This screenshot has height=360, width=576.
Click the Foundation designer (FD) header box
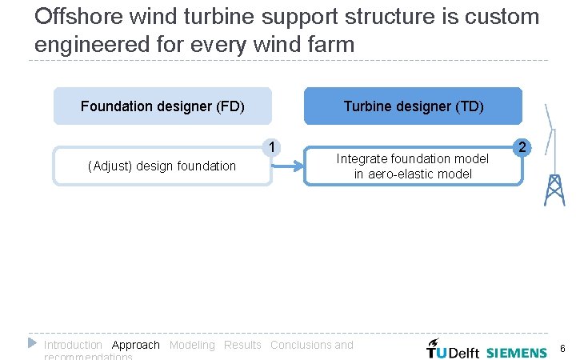[162, 106]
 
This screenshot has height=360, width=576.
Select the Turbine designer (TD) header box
[413, 106]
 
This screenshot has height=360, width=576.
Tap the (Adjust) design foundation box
[162, 166]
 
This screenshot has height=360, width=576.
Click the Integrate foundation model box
[413, 166]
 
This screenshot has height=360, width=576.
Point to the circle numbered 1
[273, 147]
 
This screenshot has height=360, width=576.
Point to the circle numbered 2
[522, 147]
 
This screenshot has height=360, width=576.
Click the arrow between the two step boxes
[288, 166]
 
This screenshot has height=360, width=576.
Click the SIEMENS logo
[517, 350]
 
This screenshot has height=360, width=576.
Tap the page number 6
[562, 349]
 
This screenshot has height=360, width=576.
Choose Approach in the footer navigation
[136, 345]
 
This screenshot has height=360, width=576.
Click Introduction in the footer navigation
[73, 345]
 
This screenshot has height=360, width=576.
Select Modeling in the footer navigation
[192, 345]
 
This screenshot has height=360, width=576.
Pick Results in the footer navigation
[242, 345]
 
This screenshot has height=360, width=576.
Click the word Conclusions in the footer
[301, 345]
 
